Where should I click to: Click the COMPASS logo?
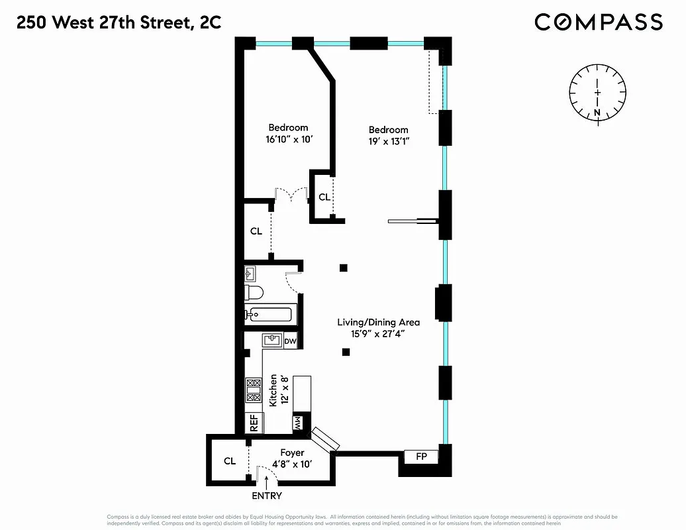click(598, 22)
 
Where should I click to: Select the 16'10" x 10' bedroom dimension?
click(288, 140)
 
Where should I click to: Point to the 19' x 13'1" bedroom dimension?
click(388, 142)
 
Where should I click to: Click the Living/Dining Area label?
click(378, 323)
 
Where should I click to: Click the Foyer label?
click(291, 452)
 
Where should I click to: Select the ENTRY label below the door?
click(267, 496)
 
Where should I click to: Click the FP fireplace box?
click(421, 456)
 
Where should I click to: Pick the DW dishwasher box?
click(290, 341)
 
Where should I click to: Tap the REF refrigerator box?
click(253, 423)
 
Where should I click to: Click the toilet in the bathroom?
click(254, 292)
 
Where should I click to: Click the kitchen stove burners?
click(253, 390)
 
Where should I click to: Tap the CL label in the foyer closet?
click(229, 461)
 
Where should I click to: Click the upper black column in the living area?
click(343, 268)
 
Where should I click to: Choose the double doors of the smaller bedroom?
click(291, 194)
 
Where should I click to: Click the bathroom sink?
click(251, 273)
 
